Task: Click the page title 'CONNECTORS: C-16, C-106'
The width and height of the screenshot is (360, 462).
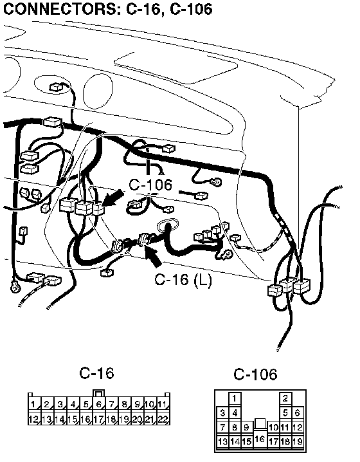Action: click(108, 9)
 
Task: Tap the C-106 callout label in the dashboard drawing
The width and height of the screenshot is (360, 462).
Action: click(150, 185)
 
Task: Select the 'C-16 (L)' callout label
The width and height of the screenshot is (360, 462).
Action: click(183, 279)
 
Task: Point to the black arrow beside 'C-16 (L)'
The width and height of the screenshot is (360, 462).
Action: click(153, 257)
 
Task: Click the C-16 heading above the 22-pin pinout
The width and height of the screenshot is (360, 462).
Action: click(96, 373)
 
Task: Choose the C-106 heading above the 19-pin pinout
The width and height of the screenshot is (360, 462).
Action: click(255, 374)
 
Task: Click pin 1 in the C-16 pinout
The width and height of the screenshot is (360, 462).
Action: click(34, 404)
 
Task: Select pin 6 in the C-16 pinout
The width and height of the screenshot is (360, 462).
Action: click(99, 404)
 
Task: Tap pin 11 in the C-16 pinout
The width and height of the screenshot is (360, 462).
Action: click(163, 404)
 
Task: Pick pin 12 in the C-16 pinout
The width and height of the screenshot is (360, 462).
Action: click(34, 418)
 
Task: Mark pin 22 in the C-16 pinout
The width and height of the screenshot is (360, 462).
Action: click(163, 418)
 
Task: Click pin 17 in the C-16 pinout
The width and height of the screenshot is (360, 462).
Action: click(99, 418)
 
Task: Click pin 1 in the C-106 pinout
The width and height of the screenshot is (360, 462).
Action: click(235, 398)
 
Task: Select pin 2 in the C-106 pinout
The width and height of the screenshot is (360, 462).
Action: click(285, 398)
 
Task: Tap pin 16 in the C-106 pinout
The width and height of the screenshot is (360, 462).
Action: click(260, 439)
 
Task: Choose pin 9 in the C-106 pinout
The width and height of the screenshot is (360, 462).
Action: click(247, 427)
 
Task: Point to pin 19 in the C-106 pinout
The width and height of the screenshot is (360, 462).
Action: click(298, 441)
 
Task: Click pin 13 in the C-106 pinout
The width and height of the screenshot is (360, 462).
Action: click(222, 441)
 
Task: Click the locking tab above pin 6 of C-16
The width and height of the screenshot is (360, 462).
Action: click(98, 393)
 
